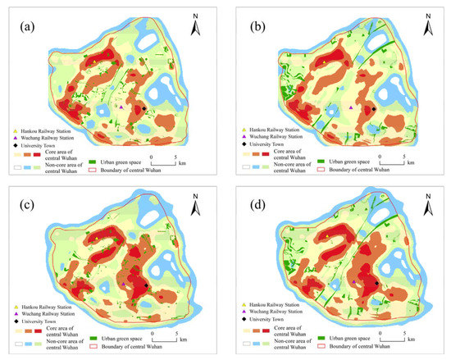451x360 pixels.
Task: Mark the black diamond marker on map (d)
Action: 376,285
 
